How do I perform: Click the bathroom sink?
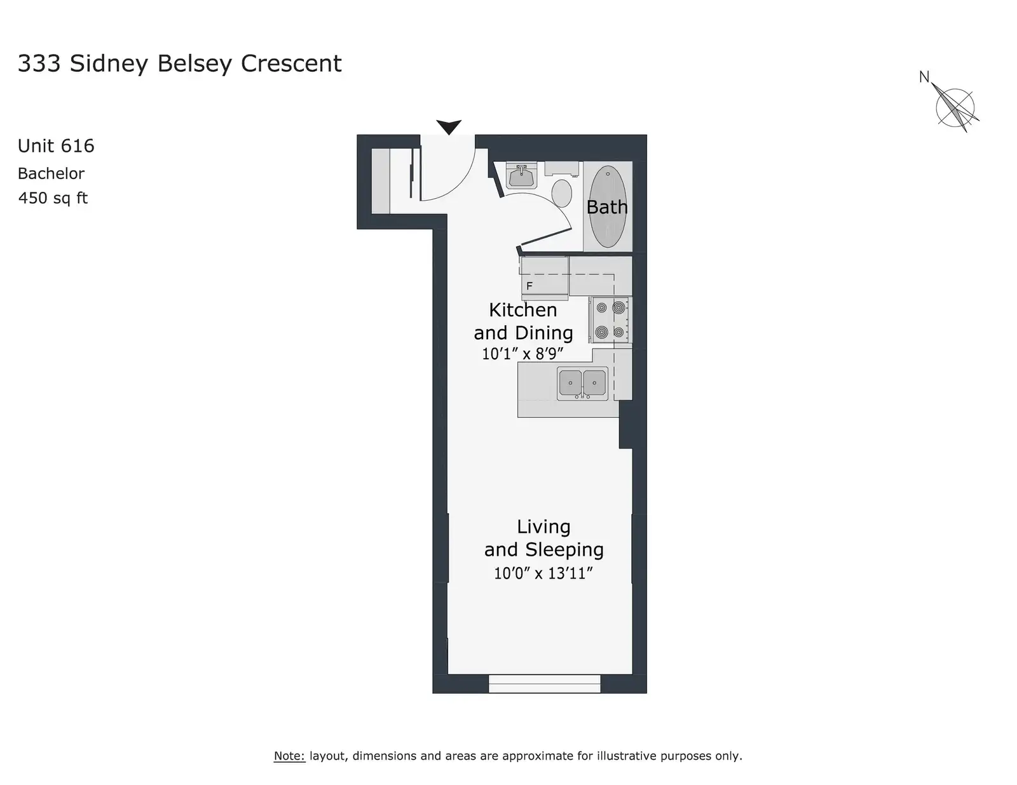pos(521,176)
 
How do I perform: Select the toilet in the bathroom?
pos(562,186)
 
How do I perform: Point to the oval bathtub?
pos(608,206)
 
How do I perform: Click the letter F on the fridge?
pos(529,286)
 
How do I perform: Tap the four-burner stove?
pos(610,320)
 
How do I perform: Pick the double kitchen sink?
pos(582,384)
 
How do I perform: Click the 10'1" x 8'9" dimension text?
pos(522,354)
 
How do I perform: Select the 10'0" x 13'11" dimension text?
pos(543,574)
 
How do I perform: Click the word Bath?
pos(607,207)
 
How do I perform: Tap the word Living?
pos(543,527)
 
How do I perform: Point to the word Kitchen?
pos(522,310)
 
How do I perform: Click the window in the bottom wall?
pos(544,683)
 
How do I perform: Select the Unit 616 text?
pos(56,146)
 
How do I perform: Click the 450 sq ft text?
pos(53,198)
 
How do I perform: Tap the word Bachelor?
pos(51,173)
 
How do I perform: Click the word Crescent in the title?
pos(291,64)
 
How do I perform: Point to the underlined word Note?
pos(289,756)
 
